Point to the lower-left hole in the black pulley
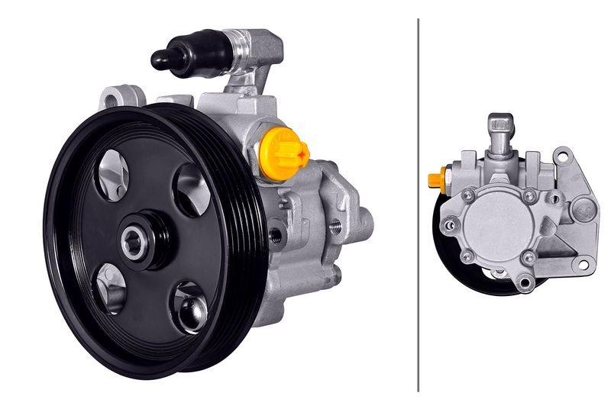[110, 288]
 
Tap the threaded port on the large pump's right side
[335, 226]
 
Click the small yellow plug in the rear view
[436, 181]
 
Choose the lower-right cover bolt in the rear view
[528, 258]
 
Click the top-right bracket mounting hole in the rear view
[564, 158]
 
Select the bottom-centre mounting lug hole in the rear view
[524, 285]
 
